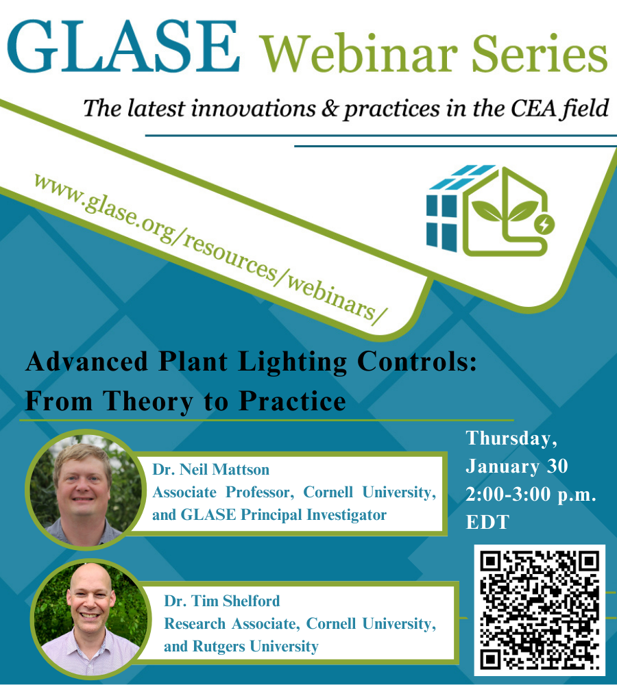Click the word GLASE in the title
123,47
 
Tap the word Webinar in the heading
359,53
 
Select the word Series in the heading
540,53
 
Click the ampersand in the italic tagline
329,109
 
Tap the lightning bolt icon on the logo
544,225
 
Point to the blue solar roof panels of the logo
462,177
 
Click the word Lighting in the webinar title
293,362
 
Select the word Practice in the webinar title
293,401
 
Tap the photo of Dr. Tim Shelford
90,620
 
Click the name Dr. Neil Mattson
210,470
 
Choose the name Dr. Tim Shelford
221,601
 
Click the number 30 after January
557,466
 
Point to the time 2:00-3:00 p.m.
531,495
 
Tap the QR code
540,610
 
